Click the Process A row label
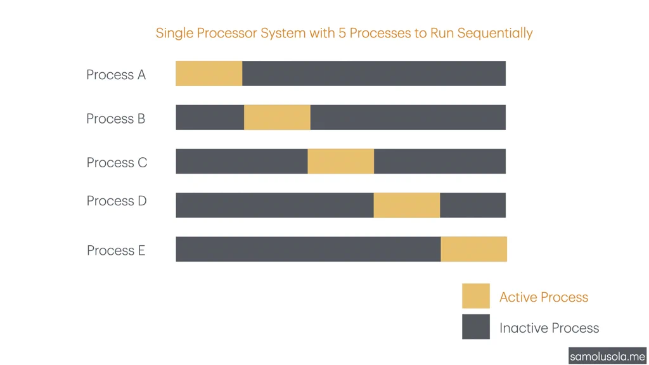116,75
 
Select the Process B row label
116,118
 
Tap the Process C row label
117,163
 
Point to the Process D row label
117,201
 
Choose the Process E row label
116,250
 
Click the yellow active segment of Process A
209,74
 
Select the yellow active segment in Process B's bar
277,117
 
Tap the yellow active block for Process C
341,161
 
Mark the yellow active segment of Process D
407,205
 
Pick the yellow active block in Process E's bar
473,249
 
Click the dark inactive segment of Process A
374,74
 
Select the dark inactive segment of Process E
308,249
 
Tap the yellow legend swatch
476,296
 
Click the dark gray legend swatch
476,327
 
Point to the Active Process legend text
544,297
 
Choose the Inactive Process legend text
549,328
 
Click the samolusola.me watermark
607,356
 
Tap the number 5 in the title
342,33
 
